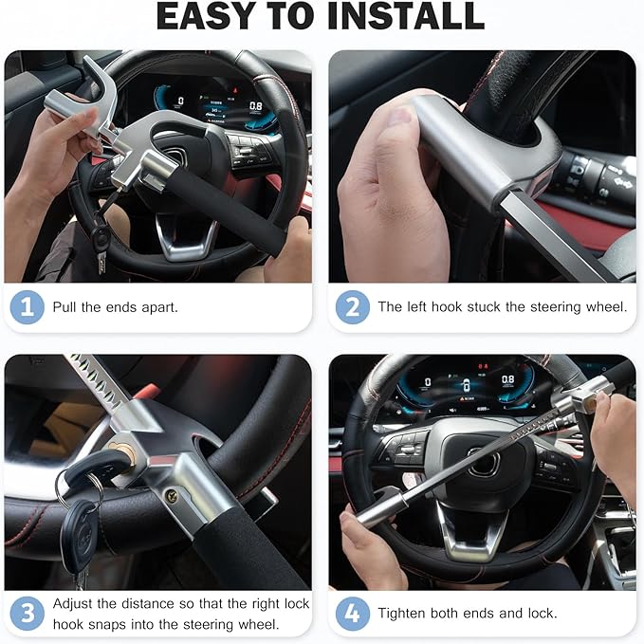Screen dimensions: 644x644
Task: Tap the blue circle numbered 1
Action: (x=28, y=307)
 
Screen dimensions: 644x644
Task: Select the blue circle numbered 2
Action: (x=353, y=307)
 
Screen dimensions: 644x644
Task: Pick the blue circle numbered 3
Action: (x=28, y=614)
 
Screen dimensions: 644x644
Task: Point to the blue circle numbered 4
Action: (x=353, y=614)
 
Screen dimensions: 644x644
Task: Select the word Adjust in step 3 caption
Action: (x=73, y=604)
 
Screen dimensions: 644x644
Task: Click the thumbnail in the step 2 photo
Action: (x=398, y=118)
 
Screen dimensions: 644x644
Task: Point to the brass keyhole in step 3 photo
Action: (x=123, y=451)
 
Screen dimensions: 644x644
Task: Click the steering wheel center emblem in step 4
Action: (x=485, y=463)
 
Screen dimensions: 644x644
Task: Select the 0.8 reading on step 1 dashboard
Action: (x=255, y=106)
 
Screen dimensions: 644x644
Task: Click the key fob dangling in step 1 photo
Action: (x=101, y=237)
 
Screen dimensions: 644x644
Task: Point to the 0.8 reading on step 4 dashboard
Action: (x=508, y=378)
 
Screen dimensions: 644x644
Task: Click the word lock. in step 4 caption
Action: (x=543, y=614)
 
